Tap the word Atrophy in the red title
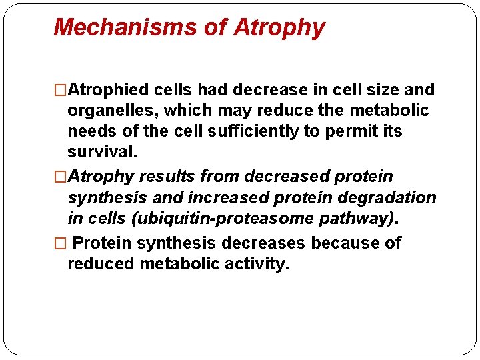[x=279, y=27]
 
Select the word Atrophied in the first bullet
[x=109, y=89]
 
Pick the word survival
[x=102, y=151]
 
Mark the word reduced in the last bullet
[x=101, y=263]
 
